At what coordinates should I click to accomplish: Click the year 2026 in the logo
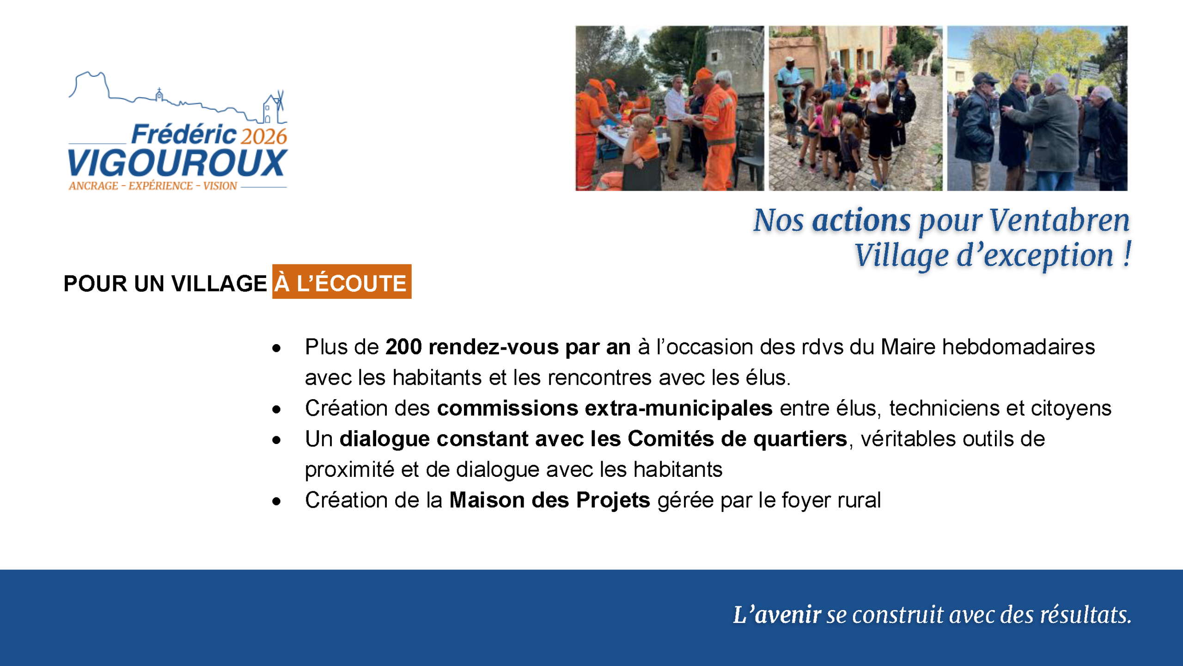264,136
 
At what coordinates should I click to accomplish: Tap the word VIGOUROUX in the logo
177,163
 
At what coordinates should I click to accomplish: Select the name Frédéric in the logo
184,135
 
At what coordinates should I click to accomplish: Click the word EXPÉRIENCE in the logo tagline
160,186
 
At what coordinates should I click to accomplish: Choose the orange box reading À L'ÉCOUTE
341,282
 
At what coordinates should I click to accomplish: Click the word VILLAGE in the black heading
219,284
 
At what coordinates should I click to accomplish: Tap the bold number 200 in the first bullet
403,347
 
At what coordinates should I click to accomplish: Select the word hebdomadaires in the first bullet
1018,347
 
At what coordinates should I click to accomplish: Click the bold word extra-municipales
678,408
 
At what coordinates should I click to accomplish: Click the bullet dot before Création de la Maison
276,501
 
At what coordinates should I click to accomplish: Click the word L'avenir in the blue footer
777,615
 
